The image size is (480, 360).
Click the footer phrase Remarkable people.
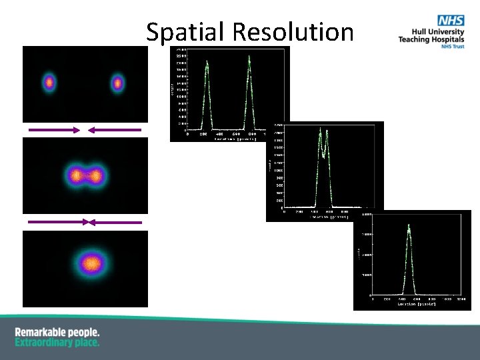pyautogui.click(x=57, y=332)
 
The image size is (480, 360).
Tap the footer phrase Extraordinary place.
pyautogui.click(x=57, y=343)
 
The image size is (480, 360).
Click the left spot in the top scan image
pyautogui.click(x=49, y=83)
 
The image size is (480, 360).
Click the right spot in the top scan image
pyautogui.click(x=117, y=83)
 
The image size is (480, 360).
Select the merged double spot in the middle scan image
pyautogui.click(x=84, y=176)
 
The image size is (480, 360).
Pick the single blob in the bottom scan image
pyautogui.click(x=91, y=264)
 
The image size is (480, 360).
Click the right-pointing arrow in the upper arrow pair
pyautogui.click(x=53, y=130)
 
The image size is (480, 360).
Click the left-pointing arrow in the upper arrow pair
pyautogui.click(x=114, y=130)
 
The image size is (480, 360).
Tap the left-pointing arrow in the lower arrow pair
pyautogui.click(x=115, y=221)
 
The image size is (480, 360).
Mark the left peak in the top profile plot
pyautogui.click(x=207, y=63)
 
